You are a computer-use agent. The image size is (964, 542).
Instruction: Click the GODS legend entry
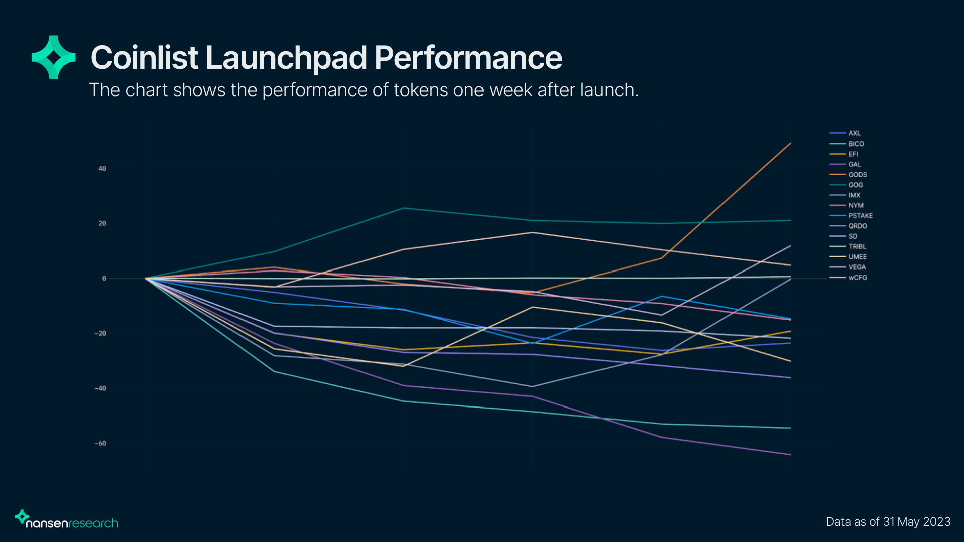tap(848, 175)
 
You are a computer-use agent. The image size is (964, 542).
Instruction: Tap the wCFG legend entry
tap(848, 278)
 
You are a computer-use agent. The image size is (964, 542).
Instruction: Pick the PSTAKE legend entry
tap(851, 216)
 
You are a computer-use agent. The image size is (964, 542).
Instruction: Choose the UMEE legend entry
tap(848, 257)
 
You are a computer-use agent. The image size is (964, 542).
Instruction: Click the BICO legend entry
tap(847, 144)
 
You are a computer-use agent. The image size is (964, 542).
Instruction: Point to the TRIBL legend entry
tap(848, 246)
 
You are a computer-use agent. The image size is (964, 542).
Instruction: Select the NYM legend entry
tap(847, 205)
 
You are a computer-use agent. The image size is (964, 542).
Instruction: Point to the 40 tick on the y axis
tap(102, 169)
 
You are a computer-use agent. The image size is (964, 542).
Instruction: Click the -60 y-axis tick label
tap(100, 443)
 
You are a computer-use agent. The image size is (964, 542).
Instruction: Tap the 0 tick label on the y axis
tap(104, 278)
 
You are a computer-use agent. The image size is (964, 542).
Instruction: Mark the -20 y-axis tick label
tap(100, 333)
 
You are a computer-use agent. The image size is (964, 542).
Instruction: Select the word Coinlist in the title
tap(145, 57)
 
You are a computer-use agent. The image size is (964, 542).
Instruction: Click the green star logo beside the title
tap(54, 57)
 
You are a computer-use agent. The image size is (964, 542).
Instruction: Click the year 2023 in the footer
tap(937, 522)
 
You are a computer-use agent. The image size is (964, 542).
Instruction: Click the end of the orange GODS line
tap(791, 143)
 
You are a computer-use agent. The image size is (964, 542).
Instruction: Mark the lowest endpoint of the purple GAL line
tap(791, 455)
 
